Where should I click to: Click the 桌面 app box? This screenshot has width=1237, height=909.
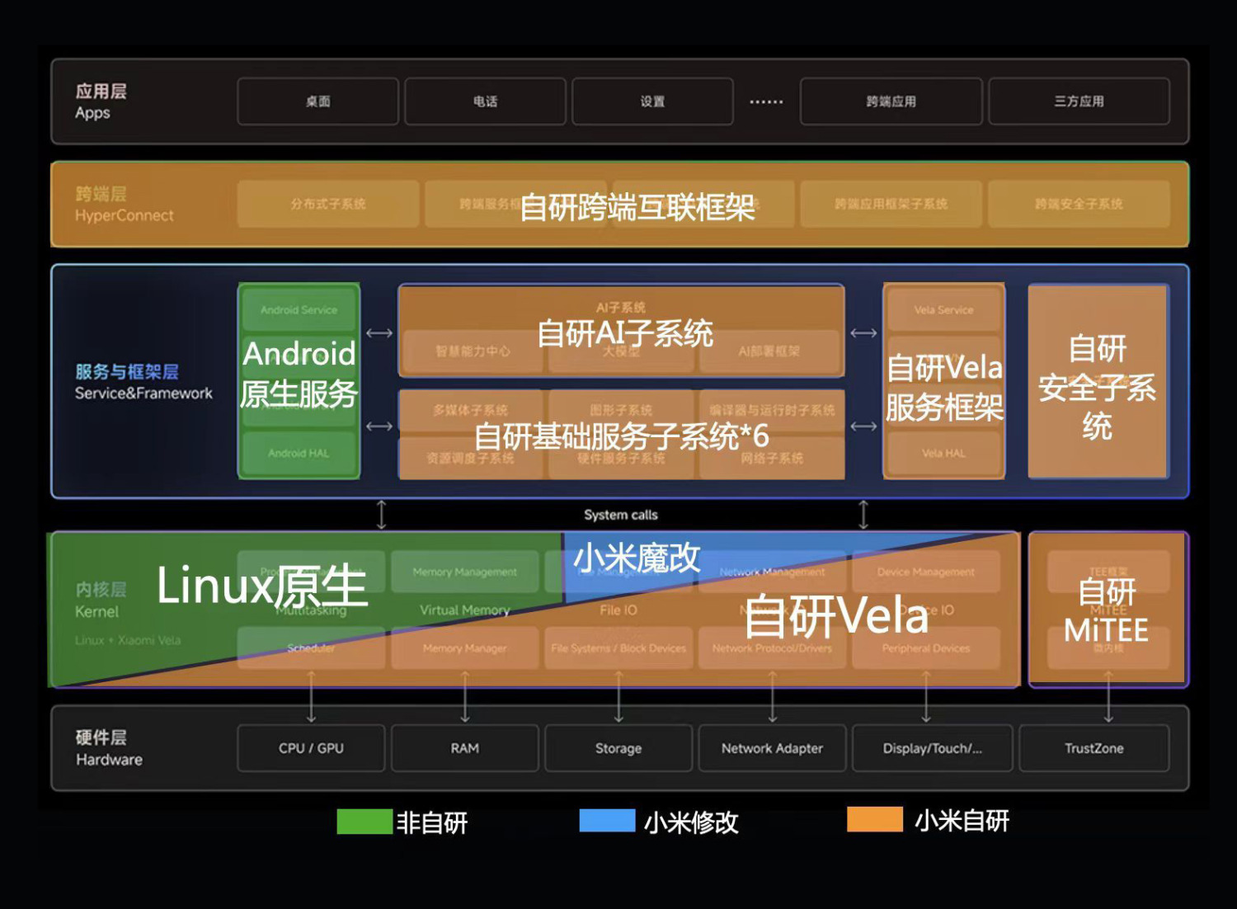point(317,101)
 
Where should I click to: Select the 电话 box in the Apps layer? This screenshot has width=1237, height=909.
point(485,101)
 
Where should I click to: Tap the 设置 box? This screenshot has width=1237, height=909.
point(652,101)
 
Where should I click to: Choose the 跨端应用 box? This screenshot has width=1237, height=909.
point(891,101)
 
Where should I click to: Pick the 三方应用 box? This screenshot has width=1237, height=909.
point(1079,101)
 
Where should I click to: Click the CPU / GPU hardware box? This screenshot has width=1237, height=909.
point(311,748)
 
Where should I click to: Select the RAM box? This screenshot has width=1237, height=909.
point(464,748)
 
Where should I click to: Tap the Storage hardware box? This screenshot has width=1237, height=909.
point(618,748)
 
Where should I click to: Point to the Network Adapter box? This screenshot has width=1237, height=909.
point(772,748)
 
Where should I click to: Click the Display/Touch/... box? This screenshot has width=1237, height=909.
point(932,748)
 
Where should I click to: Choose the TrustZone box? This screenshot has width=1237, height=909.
point(1094,748)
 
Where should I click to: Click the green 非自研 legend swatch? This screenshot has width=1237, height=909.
point(365,822)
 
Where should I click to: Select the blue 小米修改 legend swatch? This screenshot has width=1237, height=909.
point(607,821)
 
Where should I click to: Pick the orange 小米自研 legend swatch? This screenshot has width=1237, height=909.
point(875,820)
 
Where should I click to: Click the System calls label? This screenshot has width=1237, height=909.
point(621,515)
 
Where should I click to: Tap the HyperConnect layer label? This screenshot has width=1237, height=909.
point(125,215)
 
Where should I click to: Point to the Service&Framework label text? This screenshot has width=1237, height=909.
point(143,393)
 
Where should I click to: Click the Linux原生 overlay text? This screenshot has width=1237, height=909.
point(261,586)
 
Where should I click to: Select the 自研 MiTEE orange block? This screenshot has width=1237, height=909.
point(1107,610)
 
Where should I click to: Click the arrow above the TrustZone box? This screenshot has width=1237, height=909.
point(1108,697)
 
